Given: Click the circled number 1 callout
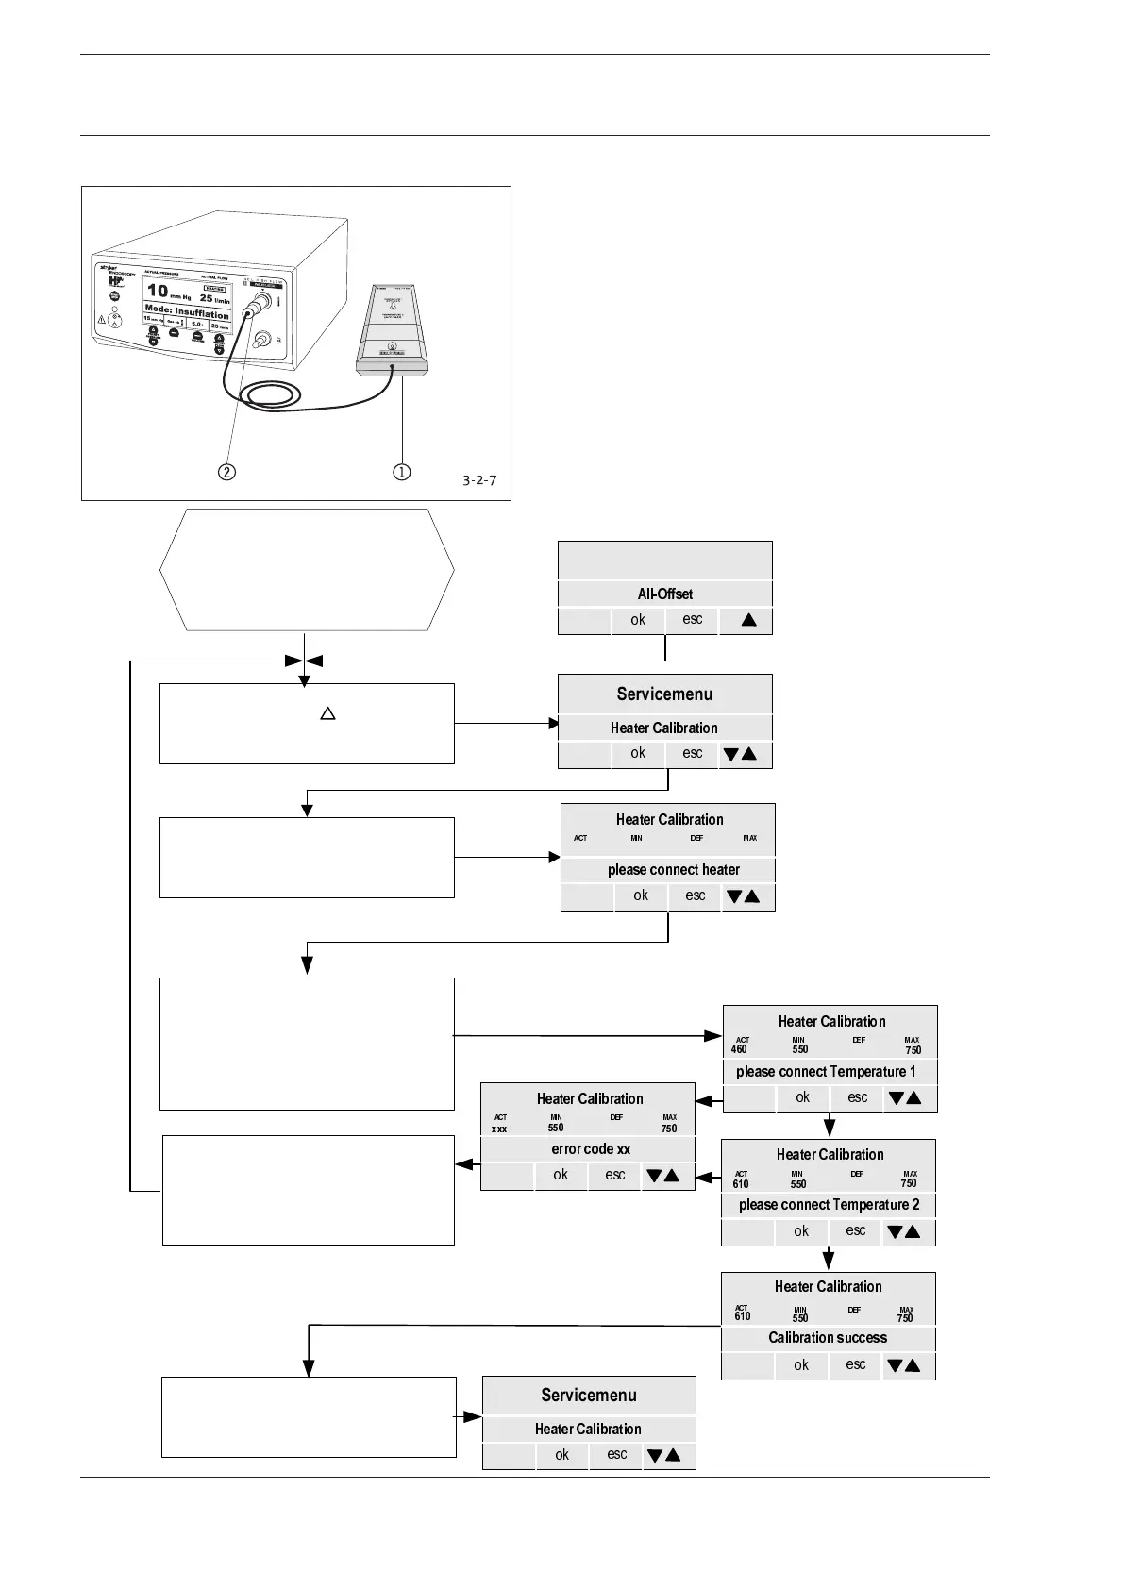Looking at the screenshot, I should pos(402,471).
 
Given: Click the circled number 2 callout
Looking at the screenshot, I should pos(226,471).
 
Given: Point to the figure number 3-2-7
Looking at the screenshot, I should pos(479,480).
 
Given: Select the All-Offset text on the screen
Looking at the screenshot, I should pos(664,594).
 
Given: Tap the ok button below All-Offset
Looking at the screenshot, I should pos(638,620).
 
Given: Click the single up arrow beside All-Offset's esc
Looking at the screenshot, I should pos(749,620).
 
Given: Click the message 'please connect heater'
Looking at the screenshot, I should pos(673,869).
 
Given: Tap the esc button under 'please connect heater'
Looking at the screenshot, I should pos(695,895).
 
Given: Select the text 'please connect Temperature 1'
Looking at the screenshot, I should pos(826,1071).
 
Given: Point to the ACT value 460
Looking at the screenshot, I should pos(740,1049).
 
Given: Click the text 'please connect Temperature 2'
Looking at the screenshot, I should pos(829,1204).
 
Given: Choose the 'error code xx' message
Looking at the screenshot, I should pos(591,1148).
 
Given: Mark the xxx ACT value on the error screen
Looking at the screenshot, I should pos(499,1129).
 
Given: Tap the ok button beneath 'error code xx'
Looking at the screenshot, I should pos(561,1175).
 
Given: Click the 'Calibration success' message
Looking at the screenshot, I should pos(828,1337).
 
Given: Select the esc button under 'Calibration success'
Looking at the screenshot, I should pos(855,1364).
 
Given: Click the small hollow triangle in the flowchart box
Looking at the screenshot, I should pos(327,713).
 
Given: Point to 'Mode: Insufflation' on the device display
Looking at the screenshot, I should pos(187,312).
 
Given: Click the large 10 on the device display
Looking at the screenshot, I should pos(158,290).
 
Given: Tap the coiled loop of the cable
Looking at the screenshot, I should pos(269,394).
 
